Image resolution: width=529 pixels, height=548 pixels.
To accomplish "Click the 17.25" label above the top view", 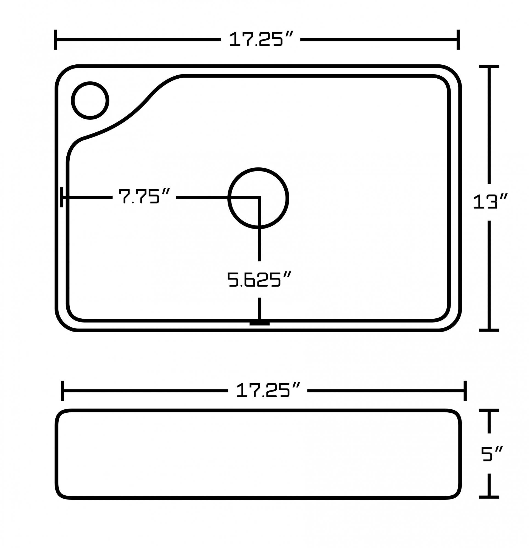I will [x=261, y=39].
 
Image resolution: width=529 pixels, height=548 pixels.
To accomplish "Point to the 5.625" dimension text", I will [x=259, y=279].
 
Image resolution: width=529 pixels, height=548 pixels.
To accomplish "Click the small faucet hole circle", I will [x=90, y=101].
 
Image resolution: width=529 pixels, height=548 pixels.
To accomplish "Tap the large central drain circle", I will [x=258, y=198].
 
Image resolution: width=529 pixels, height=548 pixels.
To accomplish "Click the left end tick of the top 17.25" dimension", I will [x=56, y=40].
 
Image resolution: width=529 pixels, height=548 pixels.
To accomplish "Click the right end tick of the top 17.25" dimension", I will [x=458, y=40].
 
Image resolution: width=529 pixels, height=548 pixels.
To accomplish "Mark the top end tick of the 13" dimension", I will [x=489, y=67].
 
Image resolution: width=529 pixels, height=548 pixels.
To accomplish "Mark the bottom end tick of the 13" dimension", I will [x=489, y=330].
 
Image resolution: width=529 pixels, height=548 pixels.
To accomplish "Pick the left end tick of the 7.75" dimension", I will [x=62, y=197].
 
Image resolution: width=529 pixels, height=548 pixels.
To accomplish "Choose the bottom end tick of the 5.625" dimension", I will [x=259, y=324].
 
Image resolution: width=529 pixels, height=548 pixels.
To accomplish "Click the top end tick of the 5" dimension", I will [x=489, y=410].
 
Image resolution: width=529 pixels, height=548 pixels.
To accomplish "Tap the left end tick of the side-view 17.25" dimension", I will [x=63, y=391].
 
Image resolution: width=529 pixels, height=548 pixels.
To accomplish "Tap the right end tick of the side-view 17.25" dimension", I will [x=465, y=391].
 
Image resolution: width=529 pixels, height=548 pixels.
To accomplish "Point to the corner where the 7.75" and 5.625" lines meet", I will [x=259, y=198].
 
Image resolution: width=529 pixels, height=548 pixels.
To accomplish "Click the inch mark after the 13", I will [x=503, y=196].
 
